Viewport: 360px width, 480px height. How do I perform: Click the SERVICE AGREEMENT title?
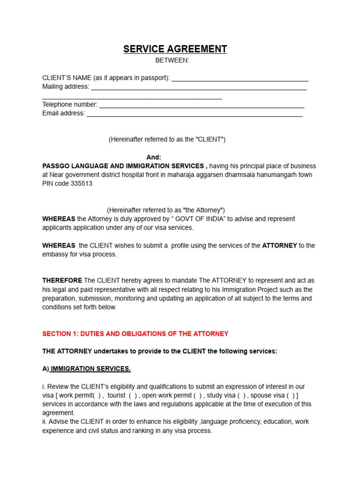175,49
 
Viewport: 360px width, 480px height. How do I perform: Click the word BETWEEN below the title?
172,60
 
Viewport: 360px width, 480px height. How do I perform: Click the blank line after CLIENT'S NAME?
240,78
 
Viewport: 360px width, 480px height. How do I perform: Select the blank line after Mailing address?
199,87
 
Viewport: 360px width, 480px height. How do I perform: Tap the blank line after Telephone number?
202,105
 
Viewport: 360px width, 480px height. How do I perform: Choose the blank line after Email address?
195,114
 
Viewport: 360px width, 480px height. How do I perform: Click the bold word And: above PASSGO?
154,157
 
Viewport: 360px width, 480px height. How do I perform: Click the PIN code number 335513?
82,184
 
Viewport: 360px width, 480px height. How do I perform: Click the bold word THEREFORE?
62,280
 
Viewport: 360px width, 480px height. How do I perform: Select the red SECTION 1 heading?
135,334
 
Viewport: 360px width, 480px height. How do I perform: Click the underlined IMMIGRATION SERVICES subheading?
90,369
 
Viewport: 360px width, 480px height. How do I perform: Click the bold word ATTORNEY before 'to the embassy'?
279,246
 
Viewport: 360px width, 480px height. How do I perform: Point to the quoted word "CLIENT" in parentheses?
210,140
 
